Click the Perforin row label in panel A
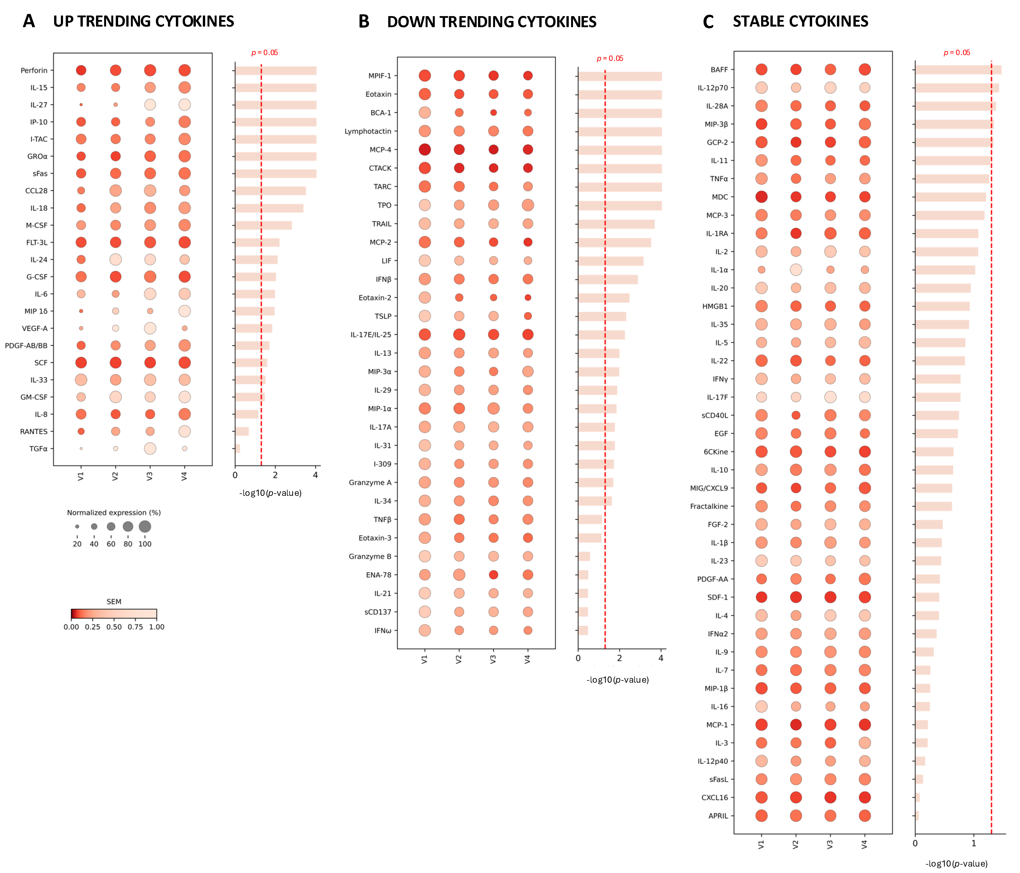pyautogui.click(x=34, y=70)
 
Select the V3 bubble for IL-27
pyautogui.click(x=150, y=104)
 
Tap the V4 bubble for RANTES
pyautogui.click(x=185, y=431)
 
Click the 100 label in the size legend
pyautogui.click(x=145, y=544)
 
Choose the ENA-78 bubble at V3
pyautogui.click(x=493, y=575)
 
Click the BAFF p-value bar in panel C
pyautogui.click(x=958, y=69)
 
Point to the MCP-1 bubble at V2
pyautogui.click(x=795, y=725)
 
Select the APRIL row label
pyautogui.click(x=718, y=816)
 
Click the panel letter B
pyautogui.click(x=364, y=22)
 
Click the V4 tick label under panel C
pyautogui.click(x=864, y=844)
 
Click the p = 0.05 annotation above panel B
pyautogui.click(x=610, y=58)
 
